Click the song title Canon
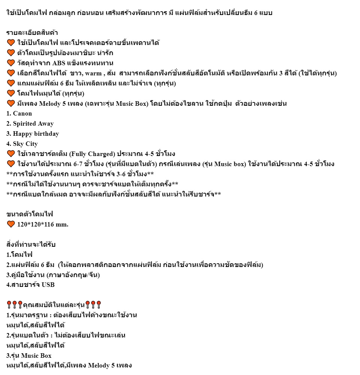pyautogui.click(x=22, y=114)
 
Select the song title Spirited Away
pyautogui.click(x=33, y=124)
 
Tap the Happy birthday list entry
pyautogui.click(x=36, y=134)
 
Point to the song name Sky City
pyautogui.click(x=25, y=144)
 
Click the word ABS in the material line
pyautogui.click(x=60, y=63)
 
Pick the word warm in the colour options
pyautogui.click(x=93, y=73)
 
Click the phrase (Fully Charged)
pyautogui.click(x=92, y=154)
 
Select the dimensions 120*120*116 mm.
pyautogui.click(x=43, y=225)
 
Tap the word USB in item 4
pyautogui.click(x=48, y=285)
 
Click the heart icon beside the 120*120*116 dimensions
pyautogui.click(x=10, y=225)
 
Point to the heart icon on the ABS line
pyautogui.click(x=10, y=63)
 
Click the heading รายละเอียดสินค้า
pyautogui.click(x=32, y=33)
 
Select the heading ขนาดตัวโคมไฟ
pyautogui.click(x=30, y=214)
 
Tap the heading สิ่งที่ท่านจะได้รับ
pyautogui.click(x=31, y=245)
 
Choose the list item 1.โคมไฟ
pyautogui.click(x=19, y=255)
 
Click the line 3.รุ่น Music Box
pyautogui.click(x=29, y=355)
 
